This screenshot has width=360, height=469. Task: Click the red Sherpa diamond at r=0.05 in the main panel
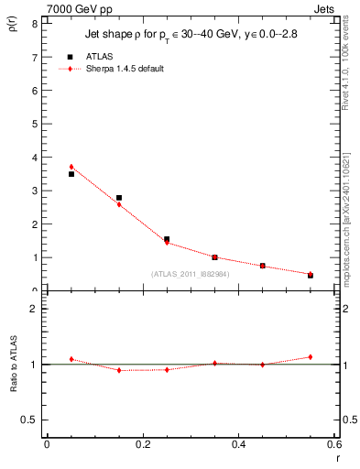tap(71, 167)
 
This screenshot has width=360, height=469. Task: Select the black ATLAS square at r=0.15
tap(119, 198)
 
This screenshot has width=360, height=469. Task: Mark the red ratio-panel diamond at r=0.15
tap(119, 370)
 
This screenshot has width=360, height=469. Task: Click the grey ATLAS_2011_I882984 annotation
tap(191, 274)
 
